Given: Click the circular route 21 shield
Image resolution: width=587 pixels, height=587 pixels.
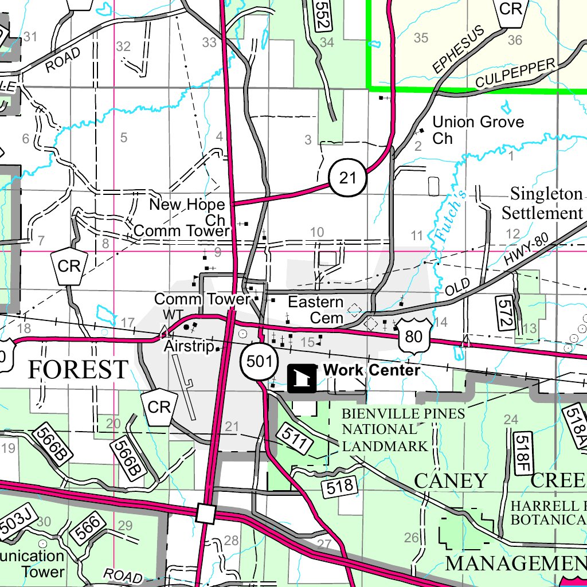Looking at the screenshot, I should [347, 178].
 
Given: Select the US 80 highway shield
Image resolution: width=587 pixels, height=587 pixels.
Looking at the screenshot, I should [413, 336].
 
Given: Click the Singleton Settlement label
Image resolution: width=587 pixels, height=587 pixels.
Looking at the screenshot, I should [542, 204].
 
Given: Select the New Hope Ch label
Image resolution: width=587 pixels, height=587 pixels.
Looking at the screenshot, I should [188, 212].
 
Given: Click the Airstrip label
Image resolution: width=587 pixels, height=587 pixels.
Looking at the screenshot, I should [189, 347].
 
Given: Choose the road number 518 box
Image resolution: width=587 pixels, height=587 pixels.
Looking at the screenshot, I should [339, 487].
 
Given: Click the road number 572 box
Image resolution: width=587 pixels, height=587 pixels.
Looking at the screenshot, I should [504, 313].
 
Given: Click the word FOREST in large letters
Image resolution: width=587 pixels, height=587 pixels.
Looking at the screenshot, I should [78, 370].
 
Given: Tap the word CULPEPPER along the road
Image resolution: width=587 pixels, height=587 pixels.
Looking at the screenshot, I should [516, 74].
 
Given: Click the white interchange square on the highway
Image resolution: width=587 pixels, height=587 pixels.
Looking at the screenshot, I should [205, 513].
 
